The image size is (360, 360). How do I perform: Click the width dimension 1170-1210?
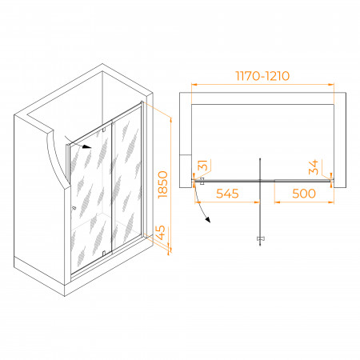[262, 76]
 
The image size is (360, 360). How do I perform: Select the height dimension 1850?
[162, 185]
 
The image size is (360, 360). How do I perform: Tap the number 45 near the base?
[160, 233]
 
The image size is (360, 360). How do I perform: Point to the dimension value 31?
[202, 166]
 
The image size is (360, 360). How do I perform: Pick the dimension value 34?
[314, 167]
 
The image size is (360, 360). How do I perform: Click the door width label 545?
[227, 194]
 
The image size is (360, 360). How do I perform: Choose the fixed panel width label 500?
[304, 194]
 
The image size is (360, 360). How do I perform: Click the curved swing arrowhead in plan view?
[207, 220]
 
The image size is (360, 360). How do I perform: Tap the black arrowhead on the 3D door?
[86, 146]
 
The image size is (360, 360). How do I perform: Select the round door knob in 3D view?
[74, 208]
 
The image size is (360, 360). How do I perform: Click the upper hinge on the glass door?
[104, 130]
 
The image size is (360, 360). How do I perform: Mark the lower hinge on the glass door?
[104, 253]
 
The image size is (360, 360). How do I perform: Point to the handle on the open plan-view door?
[261, 238]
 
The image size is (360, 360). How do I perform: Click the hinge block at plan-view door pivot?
[202, 181]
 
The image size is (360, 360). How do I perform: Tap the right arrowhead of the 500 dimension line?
[331, 202]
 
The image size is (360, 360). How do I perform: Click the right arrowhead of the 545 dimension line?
[257, 202]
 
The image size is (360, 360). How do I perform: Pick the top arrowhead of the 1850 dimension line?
[170, 120]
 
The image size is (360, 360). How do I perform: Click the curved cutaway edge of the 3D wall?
[57, 158]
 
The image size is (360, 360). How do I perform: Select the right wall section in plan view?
[340, 140]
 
